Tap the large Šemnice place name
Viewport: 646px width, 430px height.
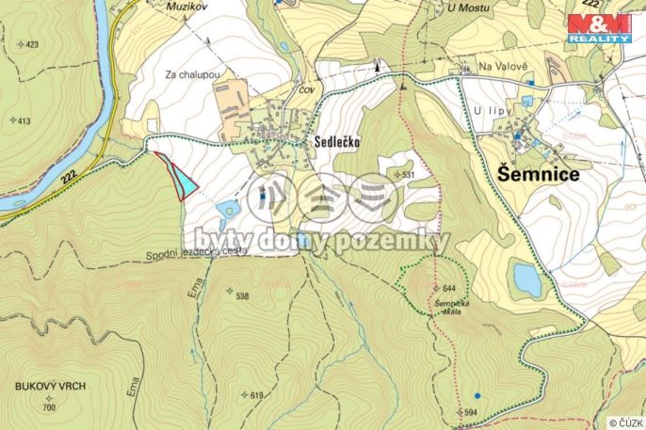[x=538, y=174]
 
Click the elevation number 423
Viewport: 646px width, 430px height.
[x=32, y=45]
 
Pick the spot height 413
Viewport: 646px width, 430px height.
[x=24, y=121]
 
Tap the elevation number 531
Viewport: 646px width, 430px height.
[x=408, y=175]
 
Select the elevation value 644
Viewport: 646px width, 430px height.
[x=447, y=287]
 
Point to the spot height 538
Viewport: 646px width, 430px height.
[x=242, y=296]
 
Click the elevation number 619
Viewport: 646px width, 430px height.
[x=255, y=395]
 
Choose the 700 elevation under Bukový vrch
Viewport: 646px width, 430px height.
[x=49, y=406]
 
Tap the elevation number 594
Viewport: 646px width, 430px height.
[x=472, y=412]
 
